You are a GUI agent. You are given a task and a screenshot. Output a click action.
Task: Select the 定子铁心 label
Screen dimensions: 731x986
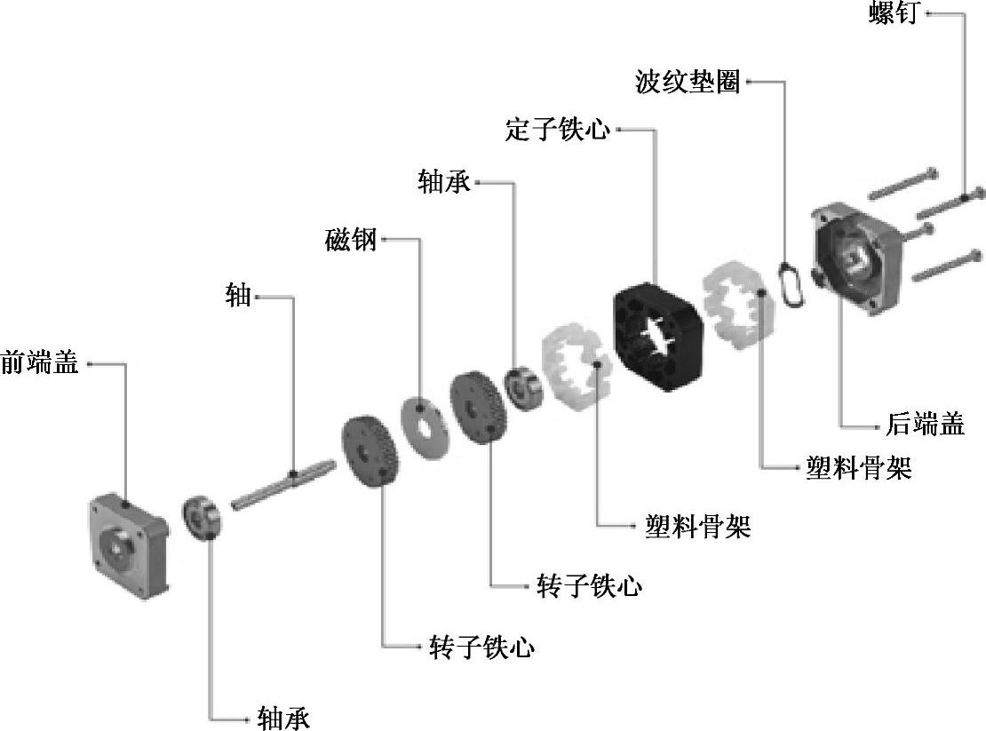pos(558,130)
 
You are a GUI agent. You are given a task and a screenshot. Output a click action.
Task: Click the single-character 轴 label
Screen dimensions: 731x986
pos(239,296)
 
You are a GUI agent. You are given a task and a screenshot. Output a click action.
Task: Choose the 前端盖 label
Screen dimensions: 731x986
pos(40,362)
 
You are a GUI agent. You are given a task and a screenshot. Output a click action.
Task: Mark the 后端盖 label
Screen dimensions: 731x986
pos(925,425)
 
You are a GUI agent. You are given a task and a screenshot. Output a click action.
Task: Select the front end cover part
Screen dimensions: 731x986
pos(129,543)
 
